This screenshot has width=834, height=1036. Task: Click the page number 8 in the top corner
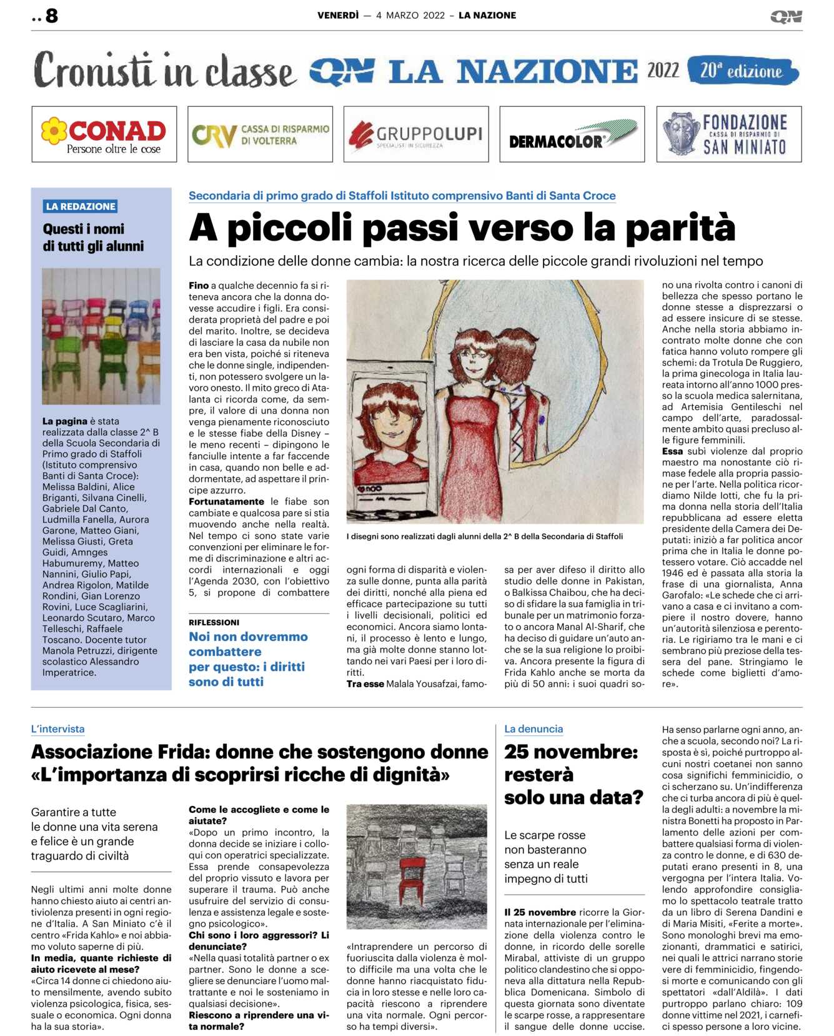coord(51,16)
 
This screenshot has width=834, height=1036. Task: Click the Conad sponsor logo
coord(104,134)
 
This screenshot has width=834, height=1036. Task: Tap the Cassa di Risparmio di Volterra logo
coord(260,134)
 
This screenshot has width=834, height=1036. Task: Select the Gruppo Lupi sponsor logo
coord(416,134)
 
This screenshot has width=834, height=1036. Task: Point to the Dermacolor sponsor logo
coord(572,134)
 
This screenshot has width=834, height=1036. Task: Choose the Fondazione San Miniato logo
coord(728,134)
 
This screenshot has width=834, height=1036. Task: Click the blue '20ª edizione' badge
coord(742,71)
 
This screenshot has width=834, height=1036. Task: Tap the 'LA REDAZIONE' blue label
coord(81,206)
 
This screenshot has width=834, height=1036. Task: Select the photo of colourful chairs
coord(101,336)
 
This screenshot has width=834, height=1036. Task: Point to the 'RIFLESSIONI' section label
coord(214,622)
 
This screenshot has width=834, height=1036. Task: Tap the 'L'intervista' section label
coord(57,729)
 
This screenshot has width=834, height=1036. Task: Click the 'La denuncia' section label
coord(534,729)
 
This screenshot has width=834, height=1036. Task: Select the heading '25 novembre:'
coord(571,752)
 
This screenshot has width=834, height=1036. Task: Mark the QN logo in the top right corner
coord(786,16)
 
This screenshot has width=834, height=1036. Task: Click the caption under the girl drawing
coord(484,536)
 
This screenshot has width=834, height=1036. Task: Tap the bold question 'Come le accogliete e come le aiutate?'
coord(259,815)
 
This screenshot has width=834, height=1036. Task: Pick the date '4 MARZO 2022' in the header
coord(410,16)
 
